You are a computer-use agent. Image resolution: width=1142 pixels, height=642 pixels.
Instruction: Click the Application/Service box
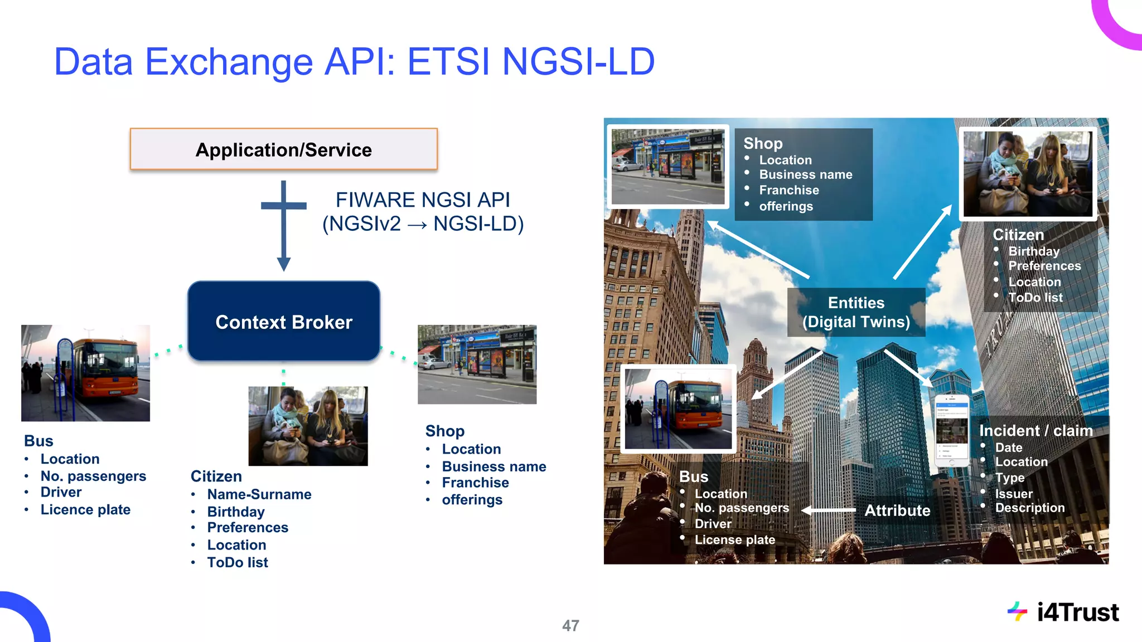283,149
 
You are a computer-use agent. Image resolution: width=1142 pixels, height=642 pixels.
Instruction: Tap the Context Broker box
284,322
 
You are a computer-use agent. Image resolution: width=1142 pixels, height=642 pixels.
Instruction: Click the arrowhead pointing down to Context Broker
284,264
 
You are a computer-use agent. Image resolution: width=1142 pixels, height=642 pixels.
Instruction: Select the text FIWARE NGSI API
423,200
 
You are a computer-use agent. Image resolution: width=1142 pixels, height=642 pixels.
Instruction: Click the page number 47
570,625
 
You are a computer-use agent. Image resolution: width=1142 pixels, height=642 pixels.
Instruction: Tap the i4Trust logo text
1077,612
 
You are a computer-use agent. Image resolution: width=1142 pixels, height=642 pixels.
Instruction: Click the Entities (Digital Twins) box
856,312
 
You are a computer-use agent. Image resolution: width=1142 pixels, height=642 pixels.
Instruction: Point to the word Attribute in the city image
897,510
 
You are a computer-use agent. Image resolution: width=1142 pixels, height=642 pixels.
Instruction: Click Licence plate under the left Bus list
85,509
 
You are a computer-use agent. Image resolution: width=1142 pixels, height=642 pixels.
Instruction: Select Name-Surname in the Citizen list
259,494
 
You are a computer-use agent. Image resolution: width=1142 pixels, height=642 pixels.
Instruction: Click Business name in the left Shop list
494,466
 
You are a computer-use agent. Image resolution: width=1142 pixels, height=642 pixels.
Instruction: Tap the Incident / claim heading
1035,431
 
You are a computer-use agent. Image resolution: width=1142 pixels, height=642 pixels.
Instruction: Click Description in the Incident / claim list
1030,508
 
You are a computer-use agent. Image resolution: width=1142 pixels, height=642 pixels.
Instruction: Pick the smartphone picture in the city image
951,430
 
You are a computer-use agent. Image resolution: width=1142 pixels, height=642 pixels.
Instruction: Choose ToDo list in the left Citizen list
238,562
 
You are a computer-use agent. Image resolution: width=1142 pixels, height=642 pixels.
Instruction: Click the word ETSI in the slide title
449,61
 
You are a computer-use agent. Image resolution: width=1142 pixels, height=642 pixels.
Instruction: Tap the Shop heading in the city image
763,143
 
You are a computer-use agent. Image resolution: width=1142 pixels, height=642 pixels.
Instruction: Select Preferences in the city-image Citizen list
1044,266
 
